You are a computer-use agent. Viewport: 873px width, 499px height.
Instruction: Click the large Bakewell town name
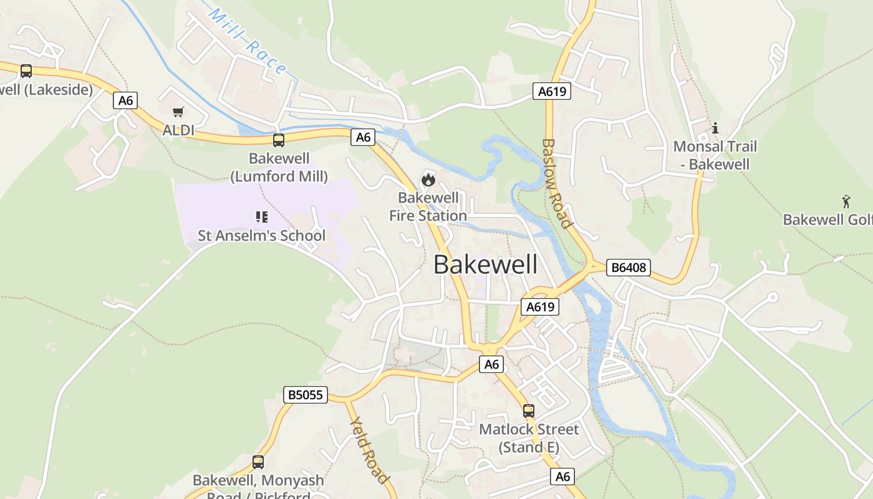click(485, 264)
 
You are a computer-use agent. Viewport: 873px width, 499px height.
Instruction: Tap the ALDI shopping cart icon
click(178, 112)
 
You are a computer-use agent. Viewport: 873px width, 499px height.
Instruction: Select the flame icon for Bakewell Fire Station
click(428, 180)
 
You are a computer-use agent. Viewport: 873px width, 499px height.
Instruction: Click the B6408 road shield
click(629, 268)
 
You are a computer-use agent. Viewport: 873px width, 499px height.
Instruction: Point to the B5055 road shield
click(306, 394)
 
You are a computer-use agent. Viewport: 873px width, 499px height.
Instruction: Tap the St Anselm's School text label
click(262, 236)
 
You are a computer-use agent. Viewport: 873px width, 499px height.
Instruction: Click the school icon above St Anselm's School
click(262, 217)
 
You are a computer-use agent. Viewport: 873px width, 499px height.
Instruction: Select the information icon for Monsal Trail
click(715, 128)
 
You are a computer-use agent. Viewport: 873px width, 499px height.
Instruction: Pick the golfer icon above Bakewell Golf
click(846, 201)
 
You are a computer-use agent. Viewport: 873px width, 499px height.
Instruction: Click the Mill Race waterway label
click(248, 42)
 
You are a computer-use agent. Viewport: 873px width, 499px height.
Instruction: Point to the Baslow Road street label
click(556, 183)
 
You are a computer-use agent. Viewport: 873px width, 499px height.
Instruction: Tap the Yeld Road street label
click(369, 450)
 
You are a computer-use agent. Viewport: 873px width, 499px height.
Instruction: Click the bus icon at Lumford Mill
click(279, 140)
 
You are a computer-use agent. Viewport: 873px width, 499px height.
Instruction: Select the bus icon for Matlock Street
click(529, 411)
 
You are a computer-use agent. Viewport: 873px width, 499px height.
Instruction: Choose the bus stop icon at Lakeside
click(26, 71)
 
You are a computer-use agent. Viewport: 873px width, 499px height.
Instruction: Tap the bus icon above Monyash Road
click(258, 462)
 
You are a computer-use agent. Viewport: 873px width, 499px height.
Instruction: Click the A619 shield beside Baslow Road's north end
click(552, 92)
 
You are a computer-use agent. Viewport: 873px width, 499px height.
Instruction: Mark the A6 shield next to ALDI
click(125, 100)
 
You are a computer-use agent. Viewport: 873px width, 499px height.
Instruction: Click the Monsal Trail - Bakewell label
click(715, 155)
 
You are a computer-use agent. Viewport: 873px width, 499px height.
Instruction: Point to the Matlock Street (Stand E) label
click(529, 438)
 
